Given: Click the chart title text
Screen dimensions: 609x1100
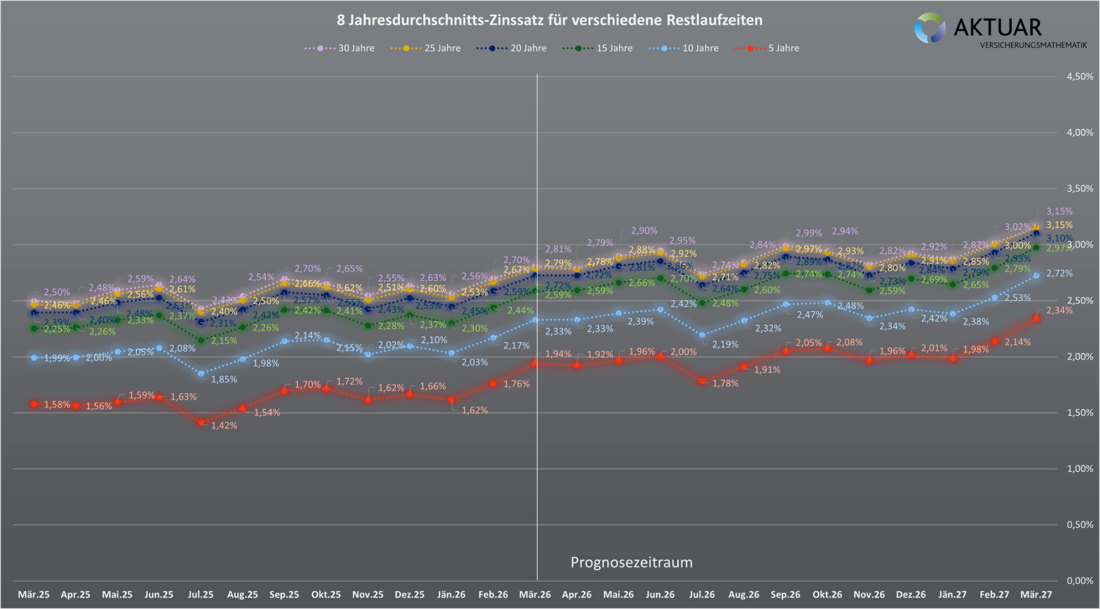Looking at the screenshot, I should tap(549, 21).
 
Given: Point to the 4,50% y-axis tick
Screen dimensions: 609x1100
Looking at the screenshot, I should tap(1079, 77).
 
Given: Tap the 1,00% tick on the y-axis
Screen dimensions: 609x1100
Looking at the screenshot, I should tap(1079, 469).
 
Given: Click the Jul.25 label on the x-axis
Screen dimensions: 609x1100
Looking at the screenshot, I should tap(201, 595).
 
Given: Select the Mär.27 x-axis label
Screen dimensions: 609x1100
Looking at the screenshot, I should tap(1036, 595).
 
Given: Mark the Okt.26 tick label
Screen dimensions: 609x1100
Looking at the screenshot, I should tap(827, 595).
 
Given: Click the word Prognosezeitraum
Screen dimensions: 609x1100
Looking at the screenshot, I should tap(631, 563).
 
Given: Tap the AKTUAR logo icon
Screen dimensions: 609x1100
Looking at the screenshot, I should tap(929, 28).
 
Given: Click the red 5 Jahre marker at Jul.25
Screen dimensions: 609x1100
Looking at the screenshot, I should tap(201, 422).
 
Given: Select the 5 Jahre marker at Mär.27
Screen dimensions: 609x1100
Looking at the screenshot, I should tap(1036, 319).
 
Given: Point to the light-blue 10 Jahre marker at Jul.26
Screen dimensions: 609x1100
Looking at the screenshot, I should tap(702, 335).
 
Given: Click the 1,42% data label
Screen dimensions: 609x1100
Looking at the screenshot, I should tap(224, 426).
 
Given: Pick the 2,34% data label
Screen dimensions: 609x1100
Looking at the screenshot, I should tap(1059, 311).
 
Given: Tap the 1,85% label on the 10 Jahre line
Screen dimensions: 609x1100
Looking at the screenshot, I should tap(224, 379).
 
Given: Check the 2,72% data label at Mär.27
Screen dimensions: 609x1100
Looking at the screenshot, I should tap(1059, 274).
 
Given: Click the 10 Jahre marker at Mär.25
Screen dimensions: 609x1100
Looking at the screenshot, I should tap(34, 357).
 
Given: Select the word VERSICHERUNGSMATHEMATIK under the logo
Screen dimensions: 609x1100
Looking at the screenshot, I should tap(1033, 45).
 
